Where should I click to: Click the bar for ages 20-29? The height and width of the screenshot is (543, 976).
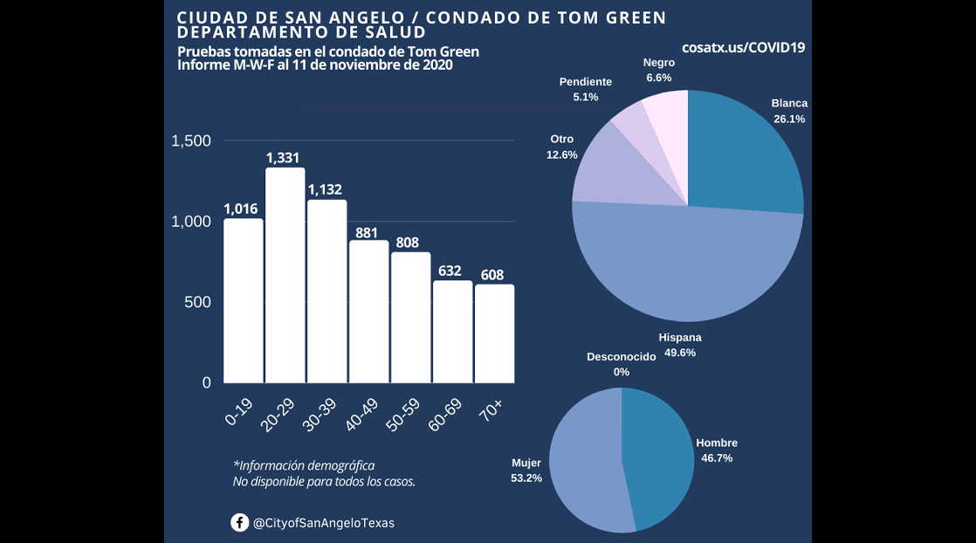(x=285, y=275)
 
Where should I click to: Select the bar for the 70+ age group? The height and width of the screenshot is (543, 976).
(x=494, y=333)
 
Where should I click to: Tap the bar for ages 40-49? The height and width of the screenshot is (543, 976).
(x=368, y=312)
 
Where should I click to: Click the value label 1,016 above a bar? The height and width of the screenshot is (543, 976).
(x=243, y=209)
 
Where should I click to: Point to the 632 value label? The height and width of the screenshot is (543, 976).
(x=452, y=271)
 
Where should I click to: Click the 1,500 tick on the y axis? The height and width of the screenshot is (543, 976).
(x=191, y=141)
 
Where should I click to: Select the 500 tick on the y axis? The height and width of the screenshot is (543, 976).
(x=196, y=302)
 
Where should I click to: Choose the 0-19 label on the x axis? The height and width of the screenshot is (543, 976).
(x=239, y=410)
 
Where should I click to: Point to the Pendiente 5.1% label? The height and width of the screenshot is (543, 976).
(x=586, y=89)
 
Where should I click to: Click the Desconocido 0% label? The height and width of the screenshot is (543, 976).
(x=621, y=364)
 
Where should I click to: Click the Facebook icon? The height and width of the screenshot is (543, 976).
(x=239, y=523)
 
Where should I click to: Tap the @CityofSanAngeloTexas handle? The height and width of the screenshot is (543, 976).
(x=323, y=523)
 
